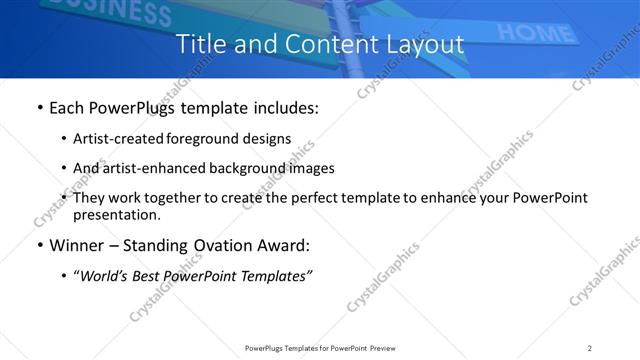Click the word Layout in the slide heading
pos(423,44)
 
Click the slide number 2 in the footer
pos(590,348)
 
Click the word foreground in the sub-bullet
pos(206,139)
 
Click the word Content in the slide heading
pos(301,44)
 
